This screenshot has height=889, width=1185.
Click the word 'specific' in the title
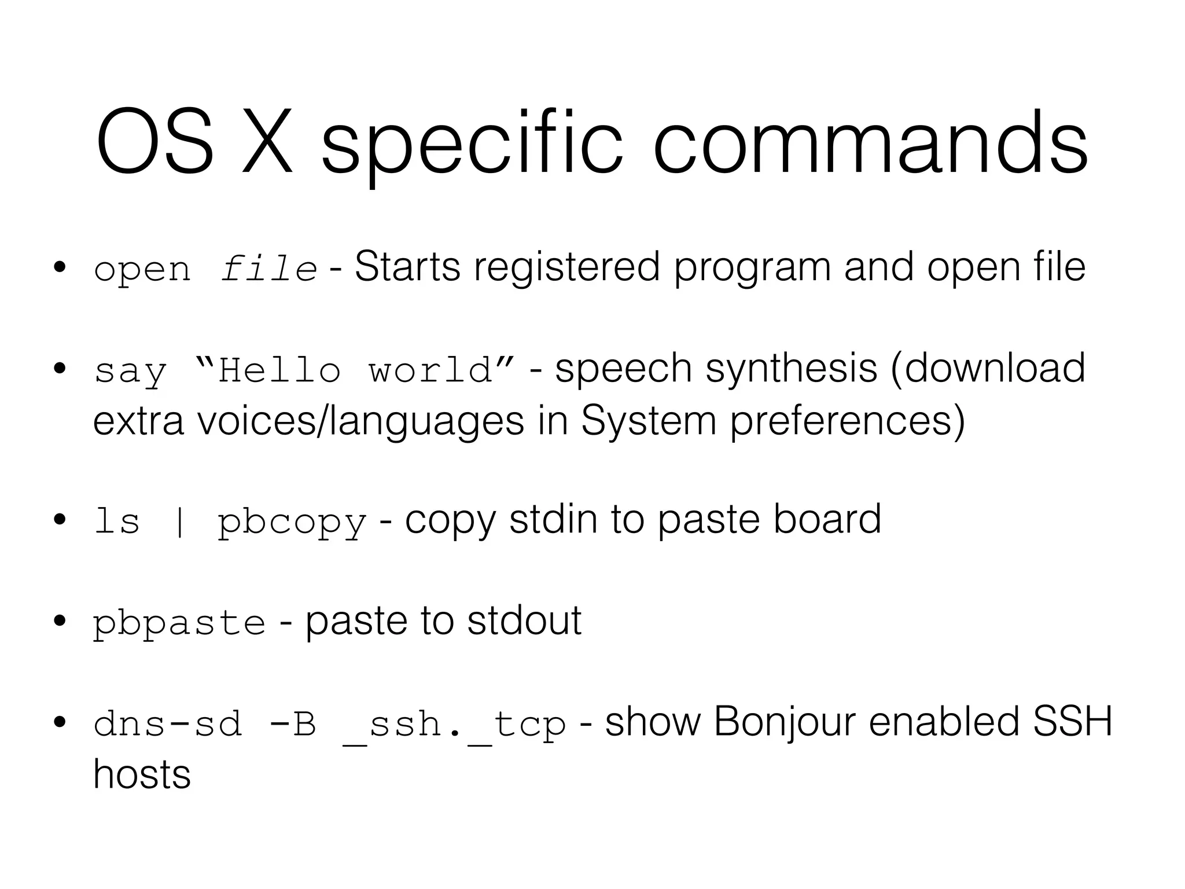click(472, 145)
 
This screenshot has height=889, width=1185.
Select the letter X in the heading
click(267, 142)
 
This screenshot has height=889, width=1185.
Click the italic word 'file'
click(268, 269)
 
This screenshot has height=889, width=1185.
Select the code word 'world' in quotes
click(431, 370)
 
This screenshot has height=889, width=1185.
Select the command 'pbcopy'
click(292, 523)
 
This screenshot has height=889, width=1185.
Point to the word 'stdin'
click(553, 519)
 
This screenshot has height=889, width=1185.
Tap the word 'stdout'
click(524, 621)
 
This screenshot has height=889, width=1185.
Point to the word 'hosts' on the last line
click(142, 774)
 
